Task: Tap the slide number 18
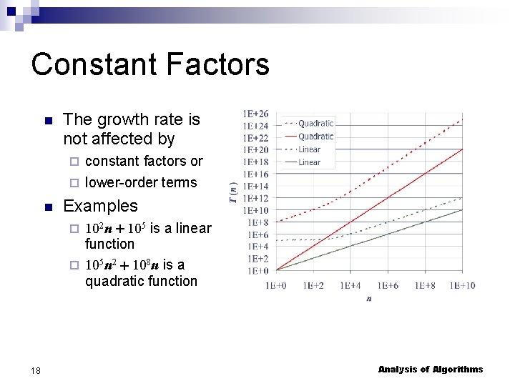point(36,370)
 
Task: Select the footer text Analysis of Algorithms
point(431,370)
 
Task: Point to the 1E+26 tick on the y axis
point(256,114)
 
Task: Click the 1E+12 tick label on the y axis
point(256,198)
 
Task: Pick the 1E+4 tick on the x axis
point(350,285)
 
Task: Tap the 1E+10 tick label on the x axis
point(462,285)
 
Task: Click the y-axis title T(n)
point(233,192)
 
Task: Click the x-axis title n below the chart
point(369,298)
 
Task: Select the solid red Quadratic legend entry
point(315,136)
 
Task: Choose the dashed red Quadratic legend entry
point(315,124)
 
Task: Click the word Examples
point(100,206)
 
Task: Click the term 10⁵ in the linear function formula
point(137,229)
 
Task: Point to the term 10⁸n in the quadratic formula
point(145,266)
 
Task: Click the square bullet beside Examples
point(47,207)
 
